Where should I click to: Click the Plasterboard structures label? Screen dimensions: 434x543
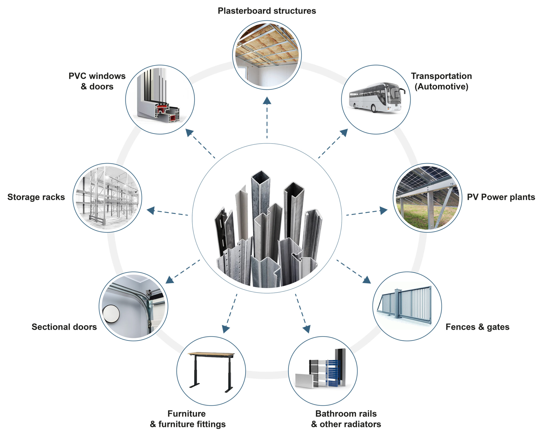pyautogui.click(x=267, y=11)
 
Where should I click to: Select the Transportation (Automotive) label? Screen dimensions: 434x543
pyautogui.click(x=441, y=81)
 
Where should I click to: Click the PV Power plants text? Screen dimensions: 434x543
pyautogui.click(x=501, y=197)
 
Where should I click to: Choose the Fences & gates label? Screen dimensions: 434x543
pyautogui.click(x=477, y=327)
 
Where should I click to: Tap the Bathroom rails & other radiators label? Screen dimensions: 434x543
pyautogui.click(x=346, y=419)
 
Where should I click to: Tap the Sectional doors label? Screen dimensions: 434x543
pyautogui.click(x=64, y=327)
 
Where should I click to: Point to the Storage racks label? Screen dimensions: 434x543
pyautogui.click(x=36, y=197)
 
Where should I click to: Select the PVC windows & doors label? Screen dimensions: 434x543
pyautogui.click(x=97, y=81)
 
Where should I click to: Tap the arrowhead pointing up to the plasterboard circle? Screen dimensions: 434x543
pyautogui.click(x=267, y=101)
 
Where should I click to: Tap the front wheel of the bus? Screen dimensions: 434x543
pyautogui.click(x=374, y=109)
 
